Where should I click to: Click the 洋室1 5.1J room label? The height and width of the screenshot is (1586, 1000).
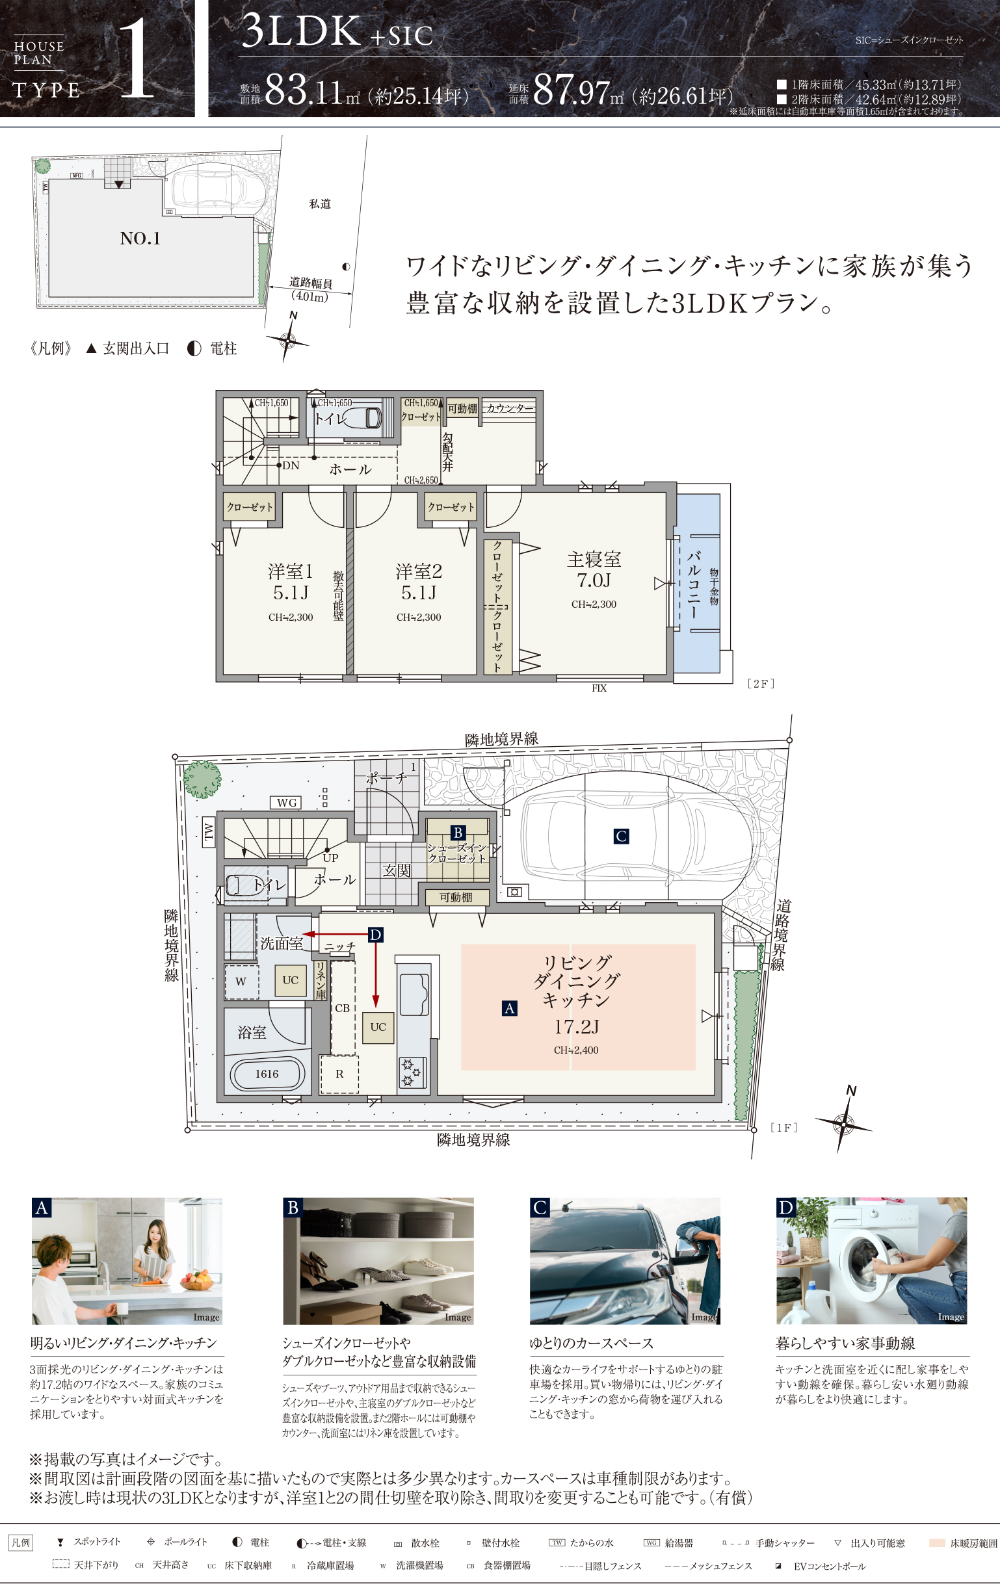coord(290,582)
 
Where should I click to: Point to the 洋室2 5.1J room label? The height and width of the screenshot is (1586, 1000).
coord(418,582)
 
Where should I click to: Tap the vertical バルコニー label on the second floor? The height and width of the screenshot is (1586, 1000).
coord(694,584)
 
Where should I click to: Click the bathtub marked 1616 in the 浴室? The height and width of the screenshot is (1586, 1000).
coord(267,1074)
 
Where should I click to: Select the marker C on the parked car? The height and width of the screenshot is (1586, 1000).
coord(620,837)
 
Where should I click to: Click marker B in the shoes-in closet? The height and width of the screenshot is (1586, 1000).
coord(457,833)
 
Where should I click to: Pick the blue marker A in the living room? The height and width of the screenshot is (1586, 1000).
coord(509,1008)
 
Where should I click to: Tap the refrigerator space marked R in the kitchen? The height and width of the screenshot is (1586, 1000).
coord(339,1074)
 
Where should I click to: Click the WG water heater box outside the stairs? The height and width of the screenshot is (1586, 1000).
coord(286,802)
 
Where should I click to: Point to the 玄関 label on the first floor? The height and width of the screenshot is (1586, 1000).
coord(397,871)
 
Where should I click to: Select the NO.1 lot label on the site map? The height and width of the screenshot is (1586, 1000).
coord(140,239)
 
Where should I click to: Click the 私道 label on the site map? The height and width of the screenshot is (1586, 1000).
coord(320,204)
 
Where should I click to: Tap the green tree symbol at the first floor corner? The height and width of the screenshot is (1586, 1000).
coord(202,779)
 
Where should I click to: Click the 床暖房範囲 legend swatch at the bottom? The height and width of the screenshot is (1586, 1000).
coord(937,1542)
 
